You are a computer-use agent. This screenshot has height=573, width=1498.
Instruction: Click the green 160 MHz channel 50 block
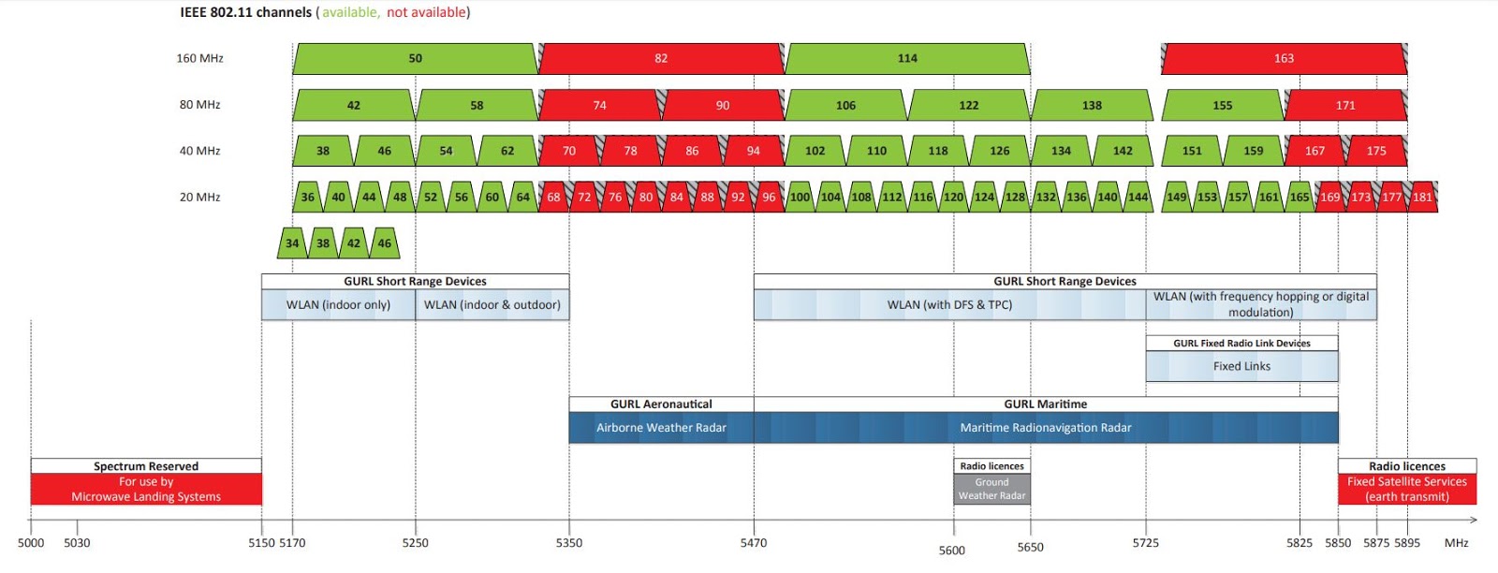click(x=415, y=58)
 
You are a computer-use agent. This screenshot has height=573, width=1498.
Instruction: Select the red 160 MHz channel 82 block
click(x=661, y=58)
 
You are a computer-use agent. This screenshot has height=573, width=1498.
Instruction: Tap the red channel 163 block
click(x=1284, y=58)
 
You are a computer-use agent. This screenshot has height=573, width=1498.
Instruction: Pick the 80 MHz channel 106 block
click(x=845, y=105)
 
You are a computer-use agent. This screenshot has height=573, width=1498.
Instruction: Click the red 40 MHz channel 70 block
click(x=569, y=151)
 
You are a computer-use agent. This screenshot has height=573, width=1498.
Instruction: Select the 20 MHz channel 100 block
click(x=800, y=197)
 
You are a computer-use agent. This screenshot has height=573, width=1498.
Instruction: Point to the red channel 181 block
click(x=1422, y=197)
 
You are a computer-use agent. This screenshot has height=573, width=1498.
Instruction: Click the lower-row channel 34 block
click(x=292, y=243)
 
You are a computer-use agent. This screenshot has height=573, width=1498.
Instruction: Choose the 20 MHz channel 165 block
click(x=1300, y=197)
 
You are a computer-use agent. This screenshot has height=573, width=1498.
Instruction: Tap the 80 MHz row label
click(x=199, y=105)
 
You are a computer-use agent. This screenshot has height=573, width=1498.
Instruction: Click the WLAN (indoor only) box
click(x=338, y=305)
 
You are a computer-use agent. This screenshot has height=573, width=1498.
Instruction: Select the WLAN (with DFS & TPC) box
click(x=949, y=305)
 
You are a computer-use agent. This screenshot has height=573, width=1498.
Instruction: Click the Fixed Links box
click(x=1241, y=366)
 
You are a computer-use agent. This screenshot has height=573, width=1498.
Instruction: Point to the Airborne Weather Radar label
click(x=661, y=428)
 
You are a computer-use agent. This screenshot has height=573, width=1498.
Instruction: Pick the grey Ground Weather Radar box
click(x=991, y=489)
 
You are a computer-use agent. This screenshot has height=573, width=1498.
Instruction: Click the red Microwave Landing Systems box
click(x=146, y=489)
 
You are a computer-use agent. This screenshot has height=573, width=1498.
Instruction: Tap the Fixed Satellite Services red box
click(x=1406, y=489)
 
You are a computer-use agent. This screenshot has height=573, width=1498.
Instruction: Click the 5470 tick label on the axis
click(x=754, y=543)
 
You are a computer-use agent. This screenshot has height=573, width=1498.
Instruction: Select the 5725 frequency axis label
click(x=1145, y=543)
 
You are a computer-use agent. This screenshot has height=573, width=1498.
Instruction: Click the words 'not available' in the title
click(x=426, y=12)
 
